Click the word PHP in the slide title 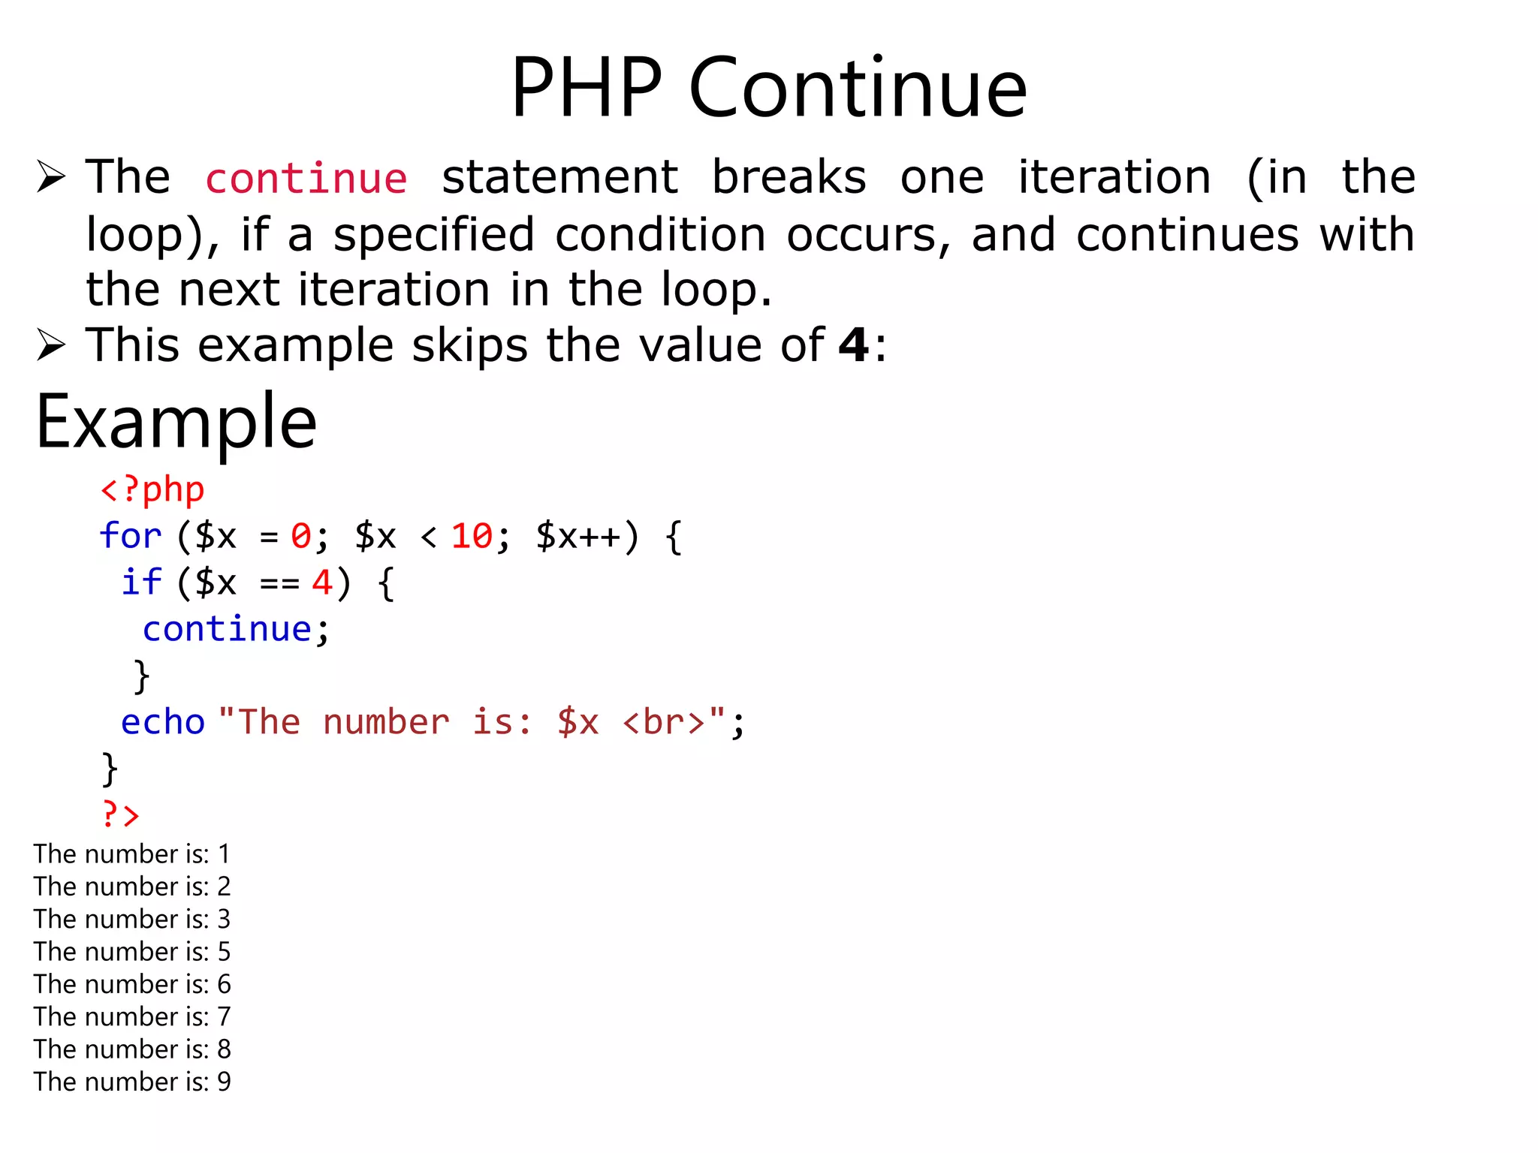tap(587, 88)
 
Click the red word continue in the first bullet tap(306, 179)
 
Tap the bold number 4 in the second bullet tap(854, 345)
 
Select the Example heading tap(176, 423)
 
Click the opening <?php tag tap(152, 490)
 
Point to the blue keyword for tap(131, 536)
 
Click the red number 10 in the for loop tap(472, 536)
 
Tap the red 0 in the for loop tap(301, 536)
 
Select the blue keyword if tap(141, 583)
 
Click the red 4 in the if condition tap(322, 583)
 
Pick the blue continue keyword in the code tap(227, 629)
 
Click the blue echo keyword tap(163, 722)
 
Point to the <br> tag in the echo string tap(664, 722)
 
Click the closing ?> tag tap(121, 814)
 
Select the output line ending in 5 tap(132, 952)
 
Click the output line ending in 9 tap(132, 1082)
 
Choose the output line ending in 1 tap(132, 854)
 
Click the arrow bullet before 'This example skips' tap(51, 345)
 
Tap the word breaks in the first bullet tap(789, 178)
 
